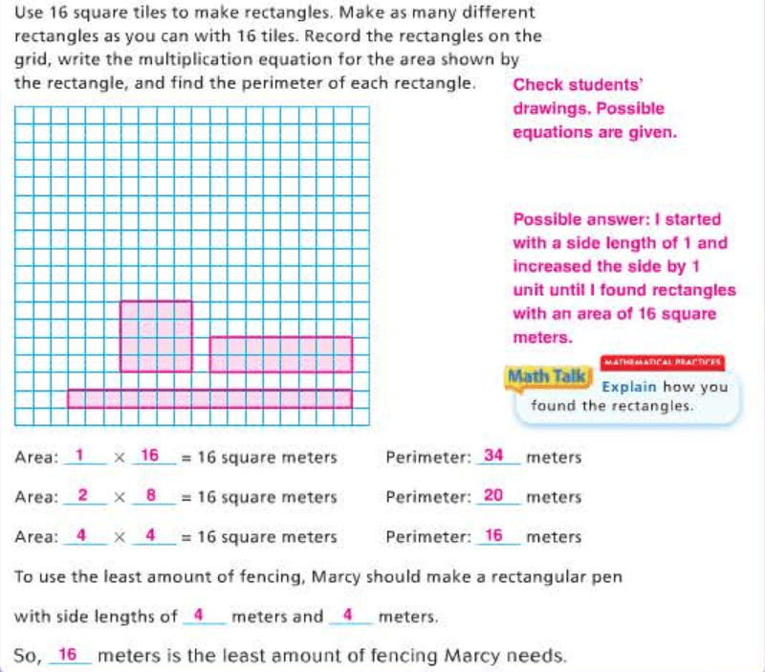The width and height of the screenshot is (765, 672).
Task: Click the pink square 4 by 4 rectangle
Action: pos(155,336)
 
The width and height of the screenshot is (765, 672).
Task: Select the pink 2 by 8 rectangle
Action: pos(280,354)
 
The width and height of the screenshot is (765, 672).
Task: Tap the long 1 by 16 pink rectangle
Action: pos(209,398)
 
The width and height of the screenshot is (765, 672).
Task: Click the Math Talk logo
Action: pos(547,376)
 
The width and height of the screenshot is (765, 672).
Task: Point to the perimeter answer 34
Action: pos(493,456)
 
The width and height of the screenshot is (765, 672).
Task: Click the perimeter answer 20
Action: pos(493,495)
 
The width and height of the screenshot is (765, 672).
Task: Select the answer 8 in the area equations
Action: pos(150,495)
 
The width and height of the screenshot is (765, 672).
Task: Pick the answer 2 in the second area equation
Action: pos(82,495)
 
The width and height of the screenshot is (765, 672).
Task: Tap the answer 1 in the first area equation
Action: pos(79,456)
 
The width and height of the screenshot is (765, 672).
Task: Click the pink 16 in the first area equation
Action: pos(150,456)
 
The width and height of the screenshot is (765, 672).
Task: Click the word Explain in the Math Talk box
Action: pos(628,388)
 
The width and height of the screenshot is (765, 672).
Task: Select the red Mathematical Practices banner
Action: pos(662,364)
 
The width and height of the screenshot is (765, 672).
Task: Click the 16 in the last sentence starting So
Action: pos(67,655)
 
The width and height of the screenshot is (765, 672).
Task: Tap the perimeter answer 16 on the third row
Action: pos(493,535)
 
